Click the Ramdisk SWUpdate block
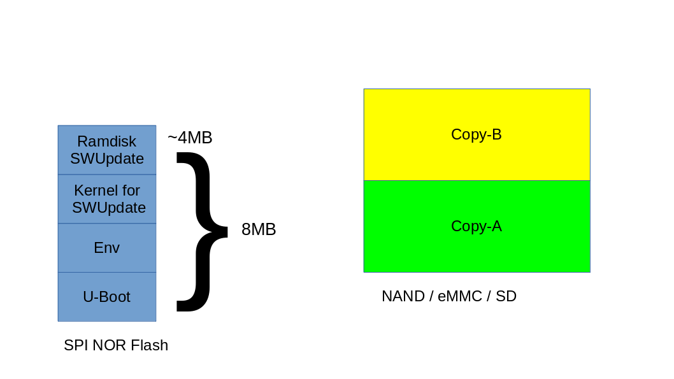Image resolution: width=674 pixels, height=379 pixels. pyautogui.click(x=107, y=150)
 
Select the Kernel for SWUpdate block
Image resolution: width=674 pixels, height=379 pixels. pyautogui.click(x=107, y=199)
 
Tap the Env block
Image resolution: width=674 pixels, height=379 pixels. pyautogui.click(x=107, y=248)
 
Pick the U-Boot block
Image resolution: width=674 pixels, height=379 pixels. pyautogui.click(x=107, y=297)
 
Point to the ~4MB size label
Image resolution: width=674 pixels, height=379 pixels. pyautogui.click(x=190, y=138)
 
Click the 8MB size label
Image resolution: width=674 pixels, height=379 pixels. pyautogui.click(x=259, y=229)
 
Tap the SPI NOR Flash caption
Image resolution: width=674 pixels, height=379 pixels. pyautogui.click(x=116, y=345)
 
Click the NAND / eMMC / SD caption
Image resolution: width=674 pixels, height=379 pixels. pyautogui.click(x=449, y=296)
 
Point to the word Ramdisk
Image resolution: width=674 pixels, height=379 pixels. pyautogui.click(x=107, y=141)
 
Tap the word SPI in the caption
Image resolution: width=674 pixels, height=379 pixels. pyautogui.click(x=76, y=345)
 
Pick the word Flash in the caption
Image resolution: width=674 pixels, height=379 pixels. pyautogui.click(x=149, y=345)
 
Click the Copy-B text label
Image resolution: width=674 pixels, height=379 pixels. pyautogui.click(x=477, y=134)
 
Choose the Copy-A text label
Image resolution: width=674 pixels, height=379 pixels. pyautogui.click(x=477, y=226)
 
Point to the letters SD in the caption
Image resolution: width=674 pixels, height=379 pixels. pyautogui.click(x=506, y=296)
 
